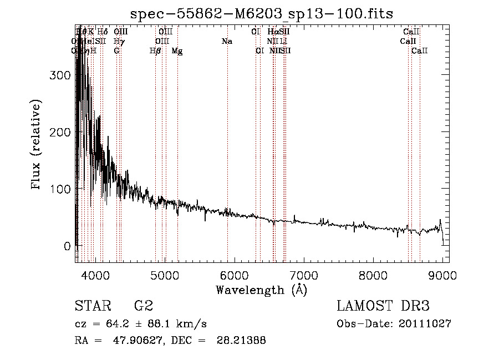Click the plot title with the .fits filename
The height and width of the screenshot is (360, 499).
[x=262, y=14]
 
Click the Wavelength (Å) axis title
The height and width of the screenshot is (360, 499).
[x=261, y=290]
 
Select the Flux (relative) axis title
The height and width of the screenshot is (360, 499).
[x=37, y=146]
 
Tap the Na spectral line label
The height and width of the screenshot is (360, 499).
[x=226, y=42]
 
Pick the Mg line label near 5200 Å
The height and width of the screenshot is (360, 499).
[x=177, y=51]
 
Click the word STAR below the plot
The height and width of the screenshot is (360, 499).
[x=92, y=306]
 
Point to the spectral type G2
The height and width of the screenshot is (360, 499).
[x=143, y=306]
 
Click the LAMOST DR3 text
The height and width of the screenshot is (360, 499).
[x=383, y=306]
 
